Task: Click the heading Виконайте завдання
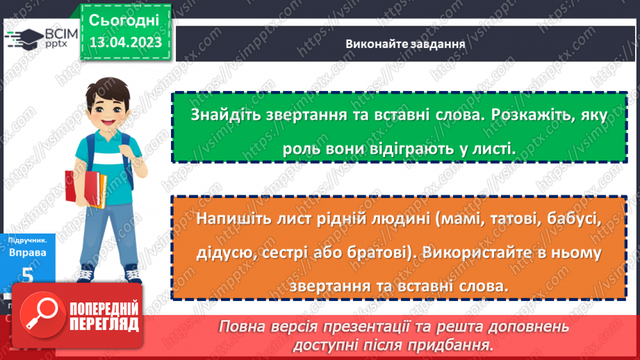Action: tap(404, 44)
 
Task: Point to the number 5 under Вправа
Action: tap(28, 275)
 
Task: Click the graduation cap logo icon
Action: tap(23, 38)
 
